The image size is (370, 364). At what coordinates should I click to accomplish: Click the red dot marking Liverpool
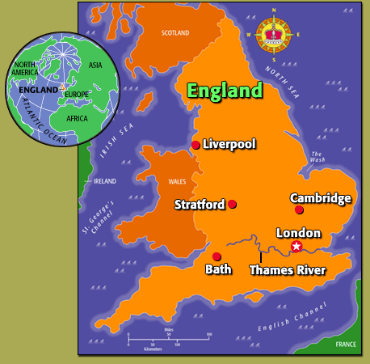[x=196, y=145]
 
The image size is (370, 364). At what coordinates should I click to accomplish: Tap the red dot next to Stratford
[x=232, y=204]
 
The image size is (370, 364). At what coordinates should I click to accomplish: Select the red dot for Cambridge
[x=299, y=210]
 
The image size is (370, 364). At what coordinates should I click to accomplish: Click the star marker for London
[x=296, y=246]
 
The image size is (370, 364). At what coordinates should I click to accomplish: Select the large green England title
[x=225, y=90]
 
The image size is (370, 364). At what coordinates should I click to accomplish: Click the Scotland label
[x=175, y=33]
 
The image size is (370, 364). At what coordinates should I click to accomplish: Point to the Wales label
[x=176, y=183]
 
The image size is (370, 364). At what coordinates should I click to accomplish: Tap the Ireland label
[x=105, y=181]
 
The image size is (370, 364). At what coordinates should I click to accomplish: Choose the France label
[x=346, y=344]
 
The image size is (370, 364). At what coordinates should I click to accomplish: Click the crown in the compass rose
[x=273, y=34]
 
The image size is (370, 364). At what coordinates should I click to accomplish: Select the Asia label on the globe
[x=95, y=65]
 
